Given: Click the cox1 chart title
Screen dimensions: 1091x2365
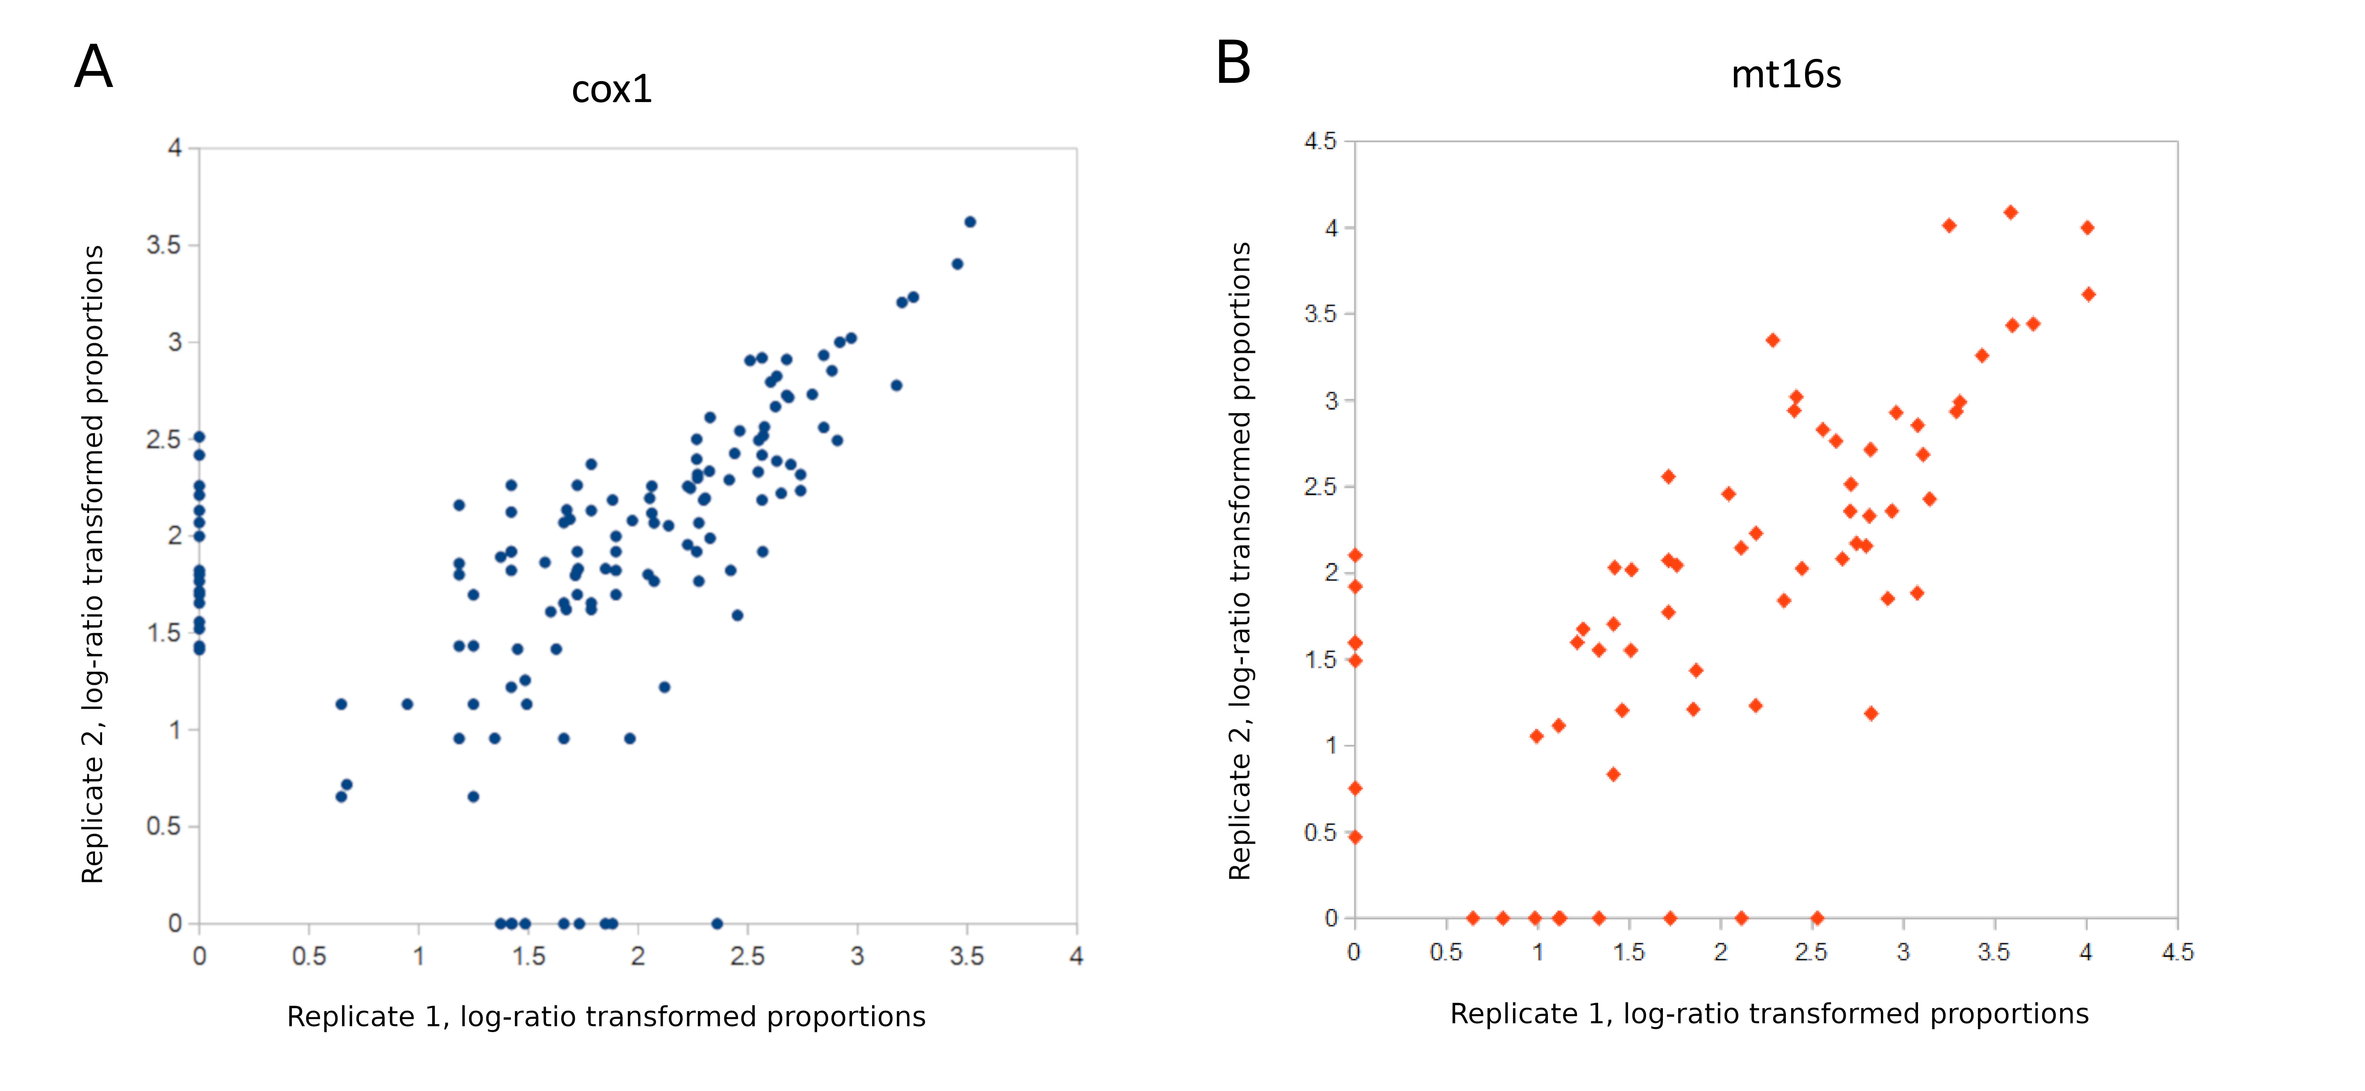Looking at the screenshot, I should (611, 89).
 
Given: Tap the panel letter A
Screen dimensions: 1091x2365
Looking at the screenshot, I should (94, 67).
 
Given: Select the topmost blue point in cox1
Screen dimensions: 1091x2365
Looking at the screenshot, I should (970, 221).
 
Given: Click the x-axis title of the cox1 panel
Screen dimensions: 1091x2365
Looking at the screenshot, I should (606, 1017).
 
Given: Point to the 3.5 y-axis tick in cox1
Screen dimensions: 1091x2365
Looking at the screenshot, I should (163, 245).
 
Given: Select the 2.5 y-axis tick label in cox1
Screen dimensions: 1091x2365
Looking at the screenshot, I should (163, 439).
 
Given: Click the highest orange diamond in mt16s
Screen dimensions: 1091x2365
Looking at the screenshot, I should (2010, 212).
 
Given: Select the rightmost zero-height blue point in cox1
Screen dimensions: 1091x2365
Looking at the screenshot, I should (717, 923).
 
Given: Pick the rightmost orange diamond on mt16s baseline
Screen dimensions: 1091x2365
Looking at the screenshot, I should (1816, 917).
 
